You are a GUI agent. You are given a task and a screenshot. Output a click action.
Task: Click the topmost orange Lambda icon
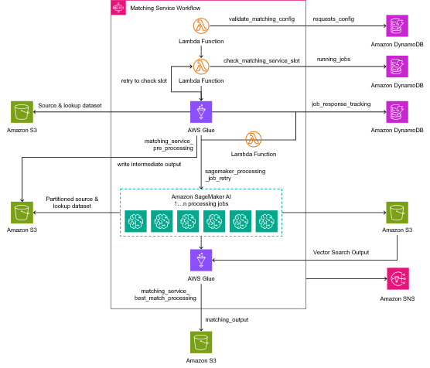point(201,26)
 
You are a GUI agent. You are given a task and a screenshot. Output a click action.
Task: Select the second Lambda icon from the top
point(201,66)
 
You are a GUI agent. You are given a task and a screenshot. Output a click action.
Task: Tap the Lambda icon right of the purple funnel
point(254,139)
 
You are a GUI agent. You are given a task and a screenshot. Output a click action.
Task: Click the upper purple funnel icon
point(201,111)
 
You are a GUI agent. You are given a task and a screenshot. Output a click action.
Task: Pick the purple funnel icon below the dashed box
point(201,260)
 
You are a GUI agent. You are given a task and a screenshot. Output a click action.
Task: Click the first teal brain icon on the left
point(136,221)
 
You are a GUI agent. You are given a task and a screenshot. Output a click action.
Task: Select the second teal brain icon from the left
point(162,221)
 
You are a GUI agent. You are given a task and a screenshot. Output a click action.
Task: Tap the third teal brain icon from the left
point(188,221)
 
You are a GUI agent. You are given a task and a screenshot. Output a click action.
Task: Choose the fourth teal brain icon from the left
point(214,221)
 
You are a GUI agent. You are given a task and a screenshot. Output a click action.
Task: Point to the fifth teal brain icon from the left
point(241,221)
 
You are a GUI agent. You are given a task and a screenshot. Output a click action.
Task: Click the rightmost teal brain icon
point(267,221)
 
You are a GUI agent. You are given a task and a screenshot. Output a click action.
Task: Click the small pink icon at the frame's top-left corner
point(118,8)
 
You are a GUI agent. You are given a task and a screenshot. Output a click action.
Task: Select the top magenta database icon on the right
point(398,26)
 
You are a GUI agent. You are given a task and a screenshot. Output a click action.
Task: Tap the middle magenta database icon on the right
point(398,66)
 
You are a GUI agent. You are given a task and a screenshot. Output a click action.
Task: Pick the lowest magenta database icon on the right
point(398,111)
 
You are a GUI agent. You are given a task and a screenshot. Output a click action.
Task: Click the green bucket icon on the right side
point(398,213)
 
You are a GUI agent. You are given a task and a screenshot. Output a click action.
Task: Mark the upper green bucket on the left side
point(22,111)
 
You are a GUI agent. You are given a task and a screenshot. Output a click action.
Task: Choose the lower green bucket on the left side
point(22,213)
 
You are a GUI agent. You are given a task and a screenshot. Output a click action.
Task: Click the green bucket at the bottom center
point(201,342)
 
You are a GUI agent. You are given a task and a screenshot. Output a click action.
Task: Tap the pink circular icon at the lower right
point(398,278)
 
